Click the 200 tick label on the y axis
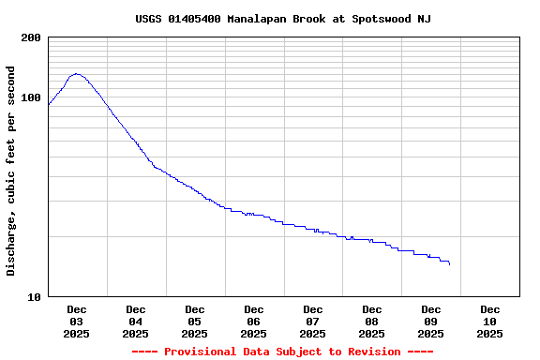[x=31, y=37]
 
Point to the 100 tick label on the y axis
[x=31, y=97]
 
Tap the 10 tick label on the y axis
[x=35, y=297]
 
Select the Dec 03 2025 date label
[x=77, y=321]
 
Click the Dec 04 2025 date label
[x=136, y=321]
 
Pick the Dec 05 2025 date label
[x=195, y=321]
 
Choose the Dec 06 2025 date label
[x=254, y=321]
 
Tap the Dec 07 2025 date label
[x=313, y=321]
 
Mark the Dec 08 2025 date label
[x=372, y=321]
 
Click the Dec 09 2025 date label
[x=431, y=321]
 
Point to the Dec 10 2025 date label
[x=490, y=321]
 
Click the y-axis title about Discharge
[x=11, y=171]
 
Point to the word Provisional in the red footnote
[x=201, y=352]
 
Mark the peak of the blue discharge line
[x=76, y=74]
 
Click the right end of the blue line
[x=450, y=264]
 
